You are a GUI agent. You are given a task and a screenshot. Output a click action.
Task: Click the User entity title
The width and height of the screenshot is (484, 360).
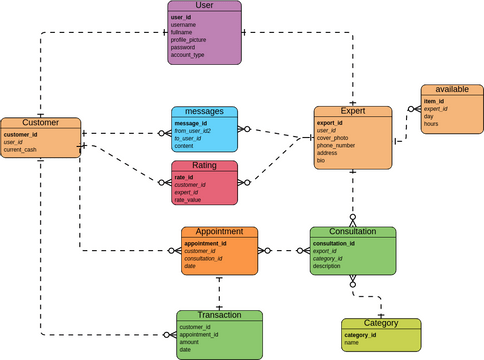(x=204, y=6)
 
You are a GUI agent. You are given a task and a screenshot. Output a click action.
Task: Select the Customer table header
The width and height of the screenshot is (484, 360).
(x=40, y=123)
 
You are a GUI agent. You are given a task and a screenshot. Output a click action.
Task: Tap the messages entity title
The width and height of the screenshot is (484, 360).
(x=204, y=112)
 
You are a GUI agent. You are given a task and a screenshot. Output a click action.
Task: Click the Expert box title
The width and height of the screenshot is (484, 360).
(x=353, y=112)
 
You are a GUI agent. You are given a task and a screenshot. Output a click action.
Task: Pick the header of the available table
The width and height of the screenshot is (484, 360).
(x=452, y=89)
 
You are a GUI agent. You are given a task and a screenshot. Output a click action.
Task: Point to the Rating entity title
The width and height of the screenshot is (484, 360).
(x=204, y=166)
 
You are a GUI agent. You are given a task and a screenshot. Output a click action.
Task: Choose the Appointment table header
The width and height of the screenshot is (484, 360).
(x=219, y=232)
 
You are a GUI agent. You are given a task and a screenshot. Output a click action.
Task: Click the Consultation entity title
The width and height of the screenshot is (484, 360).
(x=352, y=232)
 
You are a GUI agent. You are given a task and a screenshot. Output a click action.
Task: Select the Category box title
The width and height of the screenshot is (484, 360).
(x=380, y=324)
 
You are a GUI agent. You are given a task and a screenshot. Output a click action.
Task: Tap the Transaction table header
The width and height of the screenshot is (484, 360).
(x=219, y=316)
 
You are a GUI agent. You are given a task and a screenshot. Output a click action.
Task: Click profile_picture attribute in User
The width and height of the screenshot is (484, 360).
(x=191, y=39)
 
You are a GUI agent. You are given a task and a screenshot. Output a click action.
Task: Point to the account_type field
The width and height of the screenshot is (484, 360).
(x=188, y=55)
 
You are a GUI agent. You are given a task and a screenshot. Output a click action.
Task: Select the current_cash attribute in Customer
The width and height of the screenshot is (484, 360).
(x=20, y=150)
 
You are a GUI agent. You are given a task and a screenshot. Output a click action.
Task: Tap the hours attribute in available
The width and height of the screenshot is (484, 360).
(x=431, y=124)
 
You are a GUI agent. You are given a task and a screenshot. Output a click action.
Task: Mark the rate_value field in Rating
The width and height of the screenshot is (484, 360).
(x=188, y=200)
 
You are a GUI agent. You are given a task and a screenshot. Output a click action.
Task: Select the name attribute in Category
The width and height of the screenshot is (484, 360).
(x=351, y=343)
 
